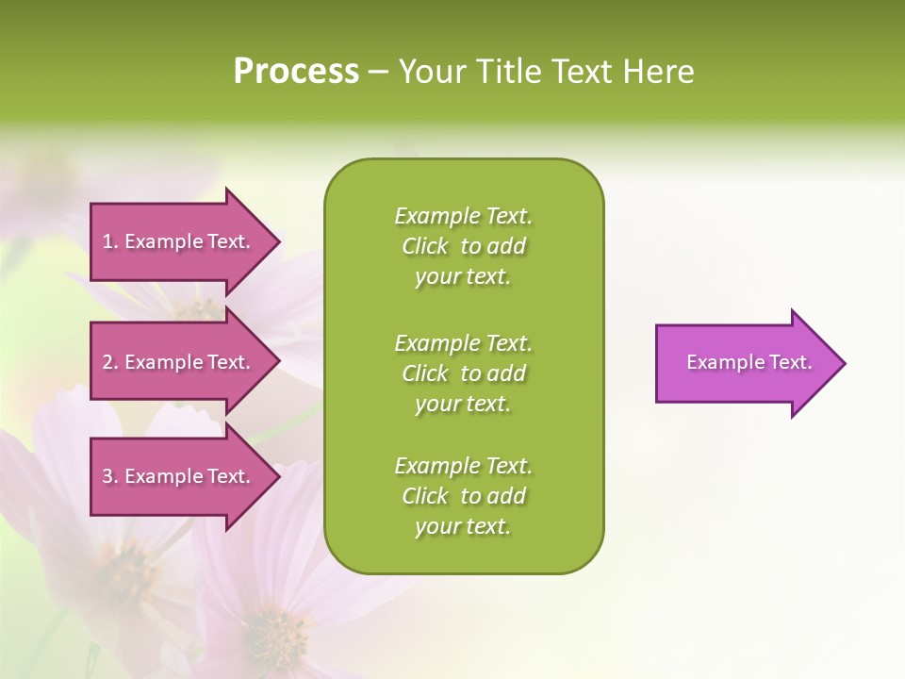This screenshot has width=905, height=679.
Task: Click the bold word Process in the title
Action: coord(296,72)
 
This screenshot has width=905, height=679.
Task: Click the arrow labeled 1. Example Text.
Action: coord(179,241)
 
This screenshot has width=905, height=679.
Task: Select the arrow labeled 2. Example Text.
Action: coord(179,362)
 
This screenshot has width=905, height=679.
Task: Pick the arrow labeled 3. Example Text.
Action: coord(179,476)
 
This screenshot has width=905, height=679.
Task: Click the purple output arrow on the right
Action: coord(745,363)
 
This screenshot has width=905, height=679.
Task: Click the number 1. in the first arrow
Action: coord(110,241)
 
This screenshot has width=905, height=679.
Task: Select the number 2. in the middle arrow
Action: coord(110,362)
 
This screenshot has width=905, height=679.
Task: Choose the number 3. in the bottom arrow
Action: coord(110,476)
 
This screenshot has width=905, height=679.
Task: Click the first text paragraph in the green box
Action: coord(463,246)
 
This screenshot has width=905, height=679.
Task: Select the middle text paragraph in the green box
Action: coord(463,373)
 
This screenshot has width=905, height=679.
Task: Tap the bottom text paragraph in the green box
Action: coord(463,496)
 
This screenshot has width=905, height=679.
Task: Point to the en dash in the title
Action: coord(378,73)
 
